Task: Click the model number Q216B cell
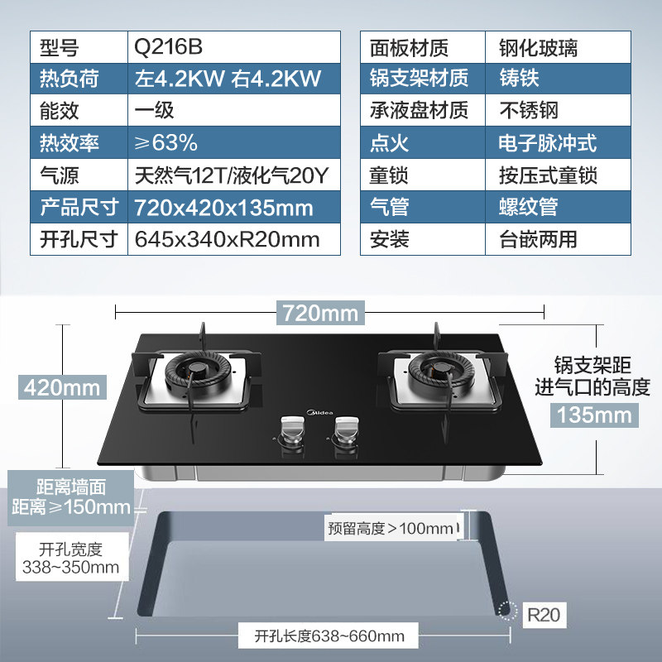(233, 46)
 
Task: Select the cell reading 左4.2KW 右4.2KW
(233, 79)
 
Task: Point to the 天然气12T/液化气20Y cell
(233, 175)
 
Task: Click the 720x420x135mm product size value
(233, 208)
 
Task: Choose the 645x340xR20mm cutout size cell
(233, 240)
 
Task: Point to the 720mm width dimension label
(320, 314)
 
